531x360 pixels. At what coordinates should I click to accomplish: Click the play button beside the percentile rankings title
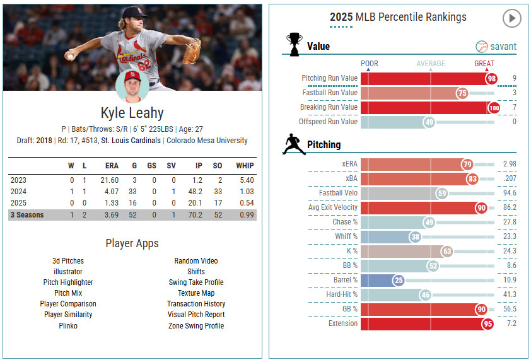[511, 18]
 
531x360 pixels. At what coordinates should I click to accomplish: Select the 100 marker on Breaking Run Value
[494, 108]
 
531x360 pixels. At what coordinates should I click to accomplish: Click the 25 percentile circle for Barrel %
[398, 280]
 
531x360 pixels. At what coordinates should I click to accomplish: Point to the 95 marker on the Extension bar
[487, 323]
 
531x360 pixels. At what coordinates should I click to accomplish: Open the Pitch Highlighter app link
[68, 282]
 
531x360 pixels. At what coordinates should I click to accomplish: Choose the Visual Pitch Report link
[196, 315]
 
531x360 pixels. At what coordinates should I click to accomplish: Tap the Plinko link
[68, 325]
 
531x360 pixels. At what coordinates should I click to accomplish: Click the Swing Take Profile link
[196, 282]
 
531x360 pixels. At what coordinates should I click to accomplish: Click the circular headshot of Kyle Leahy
[132, 86]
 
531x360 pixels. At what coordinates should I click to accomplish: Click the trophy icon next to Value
[294, 45]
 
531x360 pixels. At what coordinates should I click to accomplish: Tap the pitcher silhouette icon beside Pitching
[294, 144]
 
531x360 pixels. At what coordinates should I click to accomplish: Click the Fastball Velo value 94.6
[510, 193]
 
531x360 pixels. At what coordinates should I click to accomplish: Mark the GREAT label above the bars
[484, 64]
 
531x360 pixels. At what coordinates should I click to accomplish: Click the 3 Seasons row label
[26, 215]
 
